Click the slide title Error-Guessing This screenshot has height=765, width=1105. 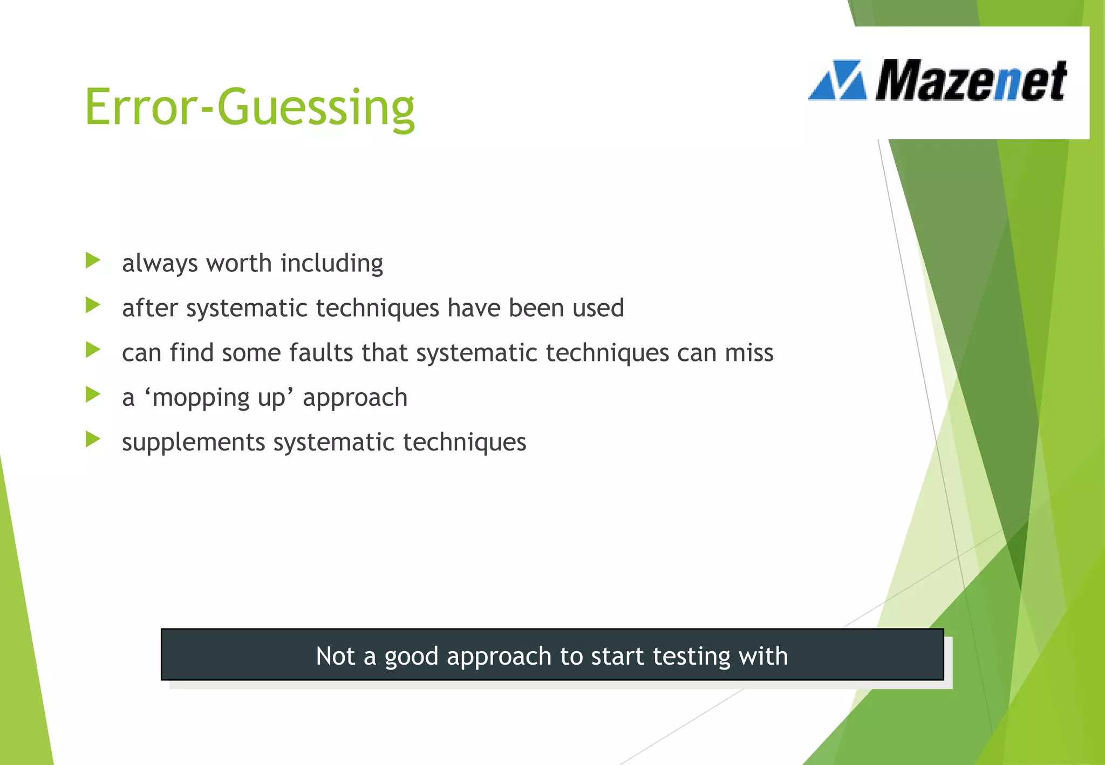(x=249, y=107)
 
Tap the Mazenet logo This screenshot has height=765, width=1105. (x=938, y=81)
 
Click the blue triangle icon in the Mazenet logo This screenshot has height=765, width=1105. (x=837, y=81)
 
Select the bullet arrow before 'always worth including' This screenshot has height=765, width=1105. (x=92, y=261)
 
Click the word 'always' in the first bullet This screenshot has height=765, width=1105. (x=160, y=264)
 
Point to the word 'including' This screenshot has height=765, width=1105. (x=331, y=264)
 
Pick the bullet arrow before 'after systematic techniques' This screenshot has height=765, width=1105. (x=92, y=306)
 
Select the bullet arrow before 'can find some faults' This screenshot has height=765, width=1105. (x=92, y=351)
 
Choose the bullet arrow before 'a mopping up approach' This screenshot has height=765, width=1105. (x=92, y=395)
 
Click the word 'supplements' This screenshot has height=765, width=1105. (x=193, y=443)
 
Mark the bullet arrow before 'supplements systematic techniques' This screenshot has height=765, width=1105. (x=92, y=440)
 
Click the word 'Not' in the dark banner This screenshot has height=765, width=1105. (x=335, y=656)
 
